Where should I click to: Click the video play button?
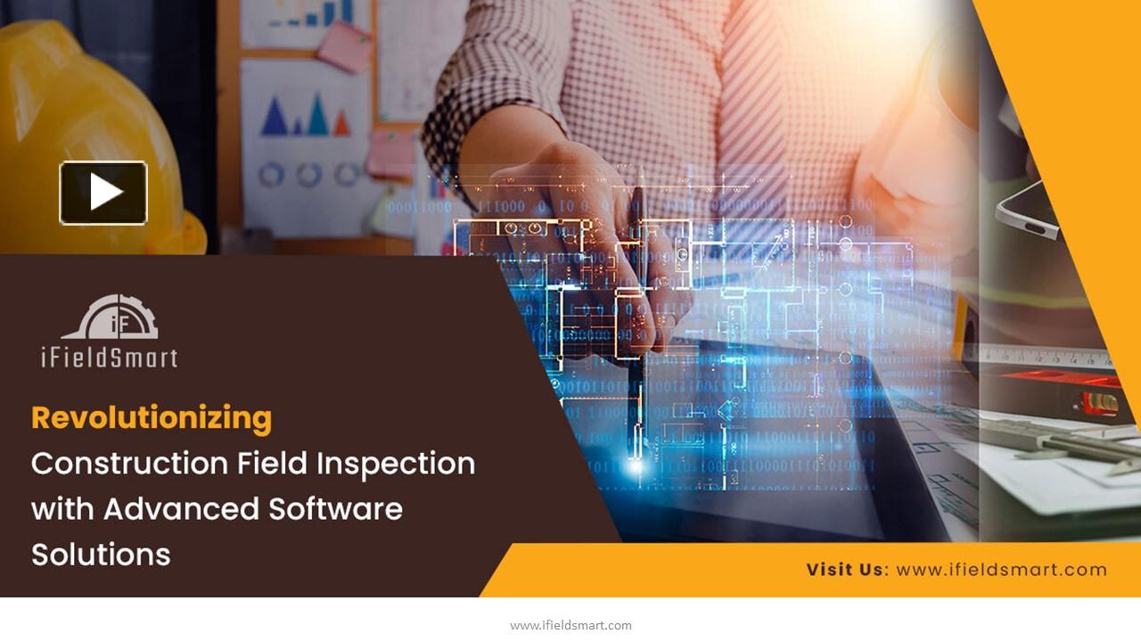pyautogui.click(x=103, y=193)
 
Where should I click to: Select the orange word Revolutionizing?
pyautogui.click(x=152, y=417)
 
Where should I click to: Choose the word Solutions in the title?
pyautogui.click(x=101, y=555)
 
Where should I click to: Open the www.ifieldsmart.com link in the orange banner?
pyautogui.click(x=1001, y=570)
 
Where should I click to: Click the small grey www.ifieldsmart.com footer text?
pyautogui.click(x=570, y=625)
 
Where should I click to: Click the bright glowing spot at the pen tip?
pyautogui.click(x=636, y=464)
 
